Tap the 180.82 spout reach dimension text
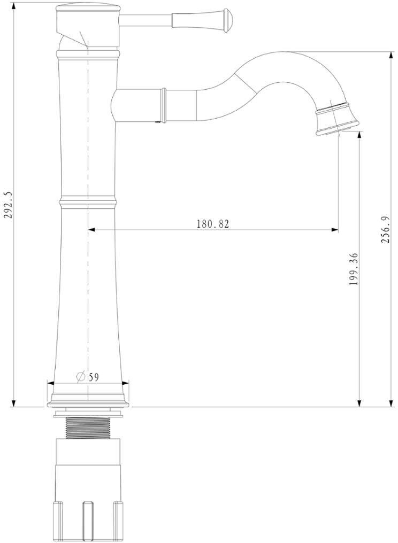[213, 224]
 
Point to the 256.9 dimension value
[386, 229]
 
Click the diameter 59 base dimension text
[87, 377]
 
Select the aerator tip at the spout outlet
[336, 120]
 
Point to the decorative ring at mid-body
[88, 203]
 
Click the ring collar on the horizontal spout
[163, 105]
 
